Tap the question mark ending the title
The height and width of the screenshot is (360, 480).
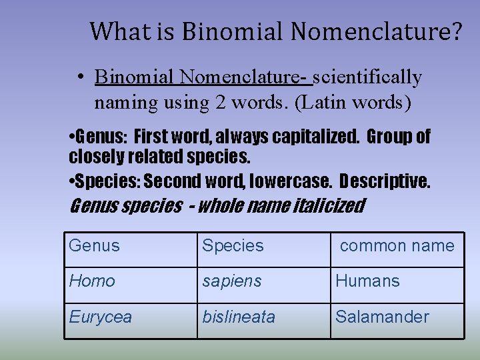click(x=454, y=31)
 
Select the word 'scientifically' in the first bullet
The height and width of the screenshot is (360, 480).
click(x=367, y=78)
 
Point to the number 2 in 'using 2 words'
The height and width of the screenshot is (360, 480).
click(x=221, y=103)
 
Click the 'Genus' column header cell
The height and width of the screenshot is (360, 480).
click(x=94, y=245)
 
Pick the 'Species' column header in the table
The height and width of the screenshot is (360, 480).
click(x=233, y=245)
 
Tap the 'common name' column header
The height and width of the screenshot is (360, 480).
click(x=397, y=245)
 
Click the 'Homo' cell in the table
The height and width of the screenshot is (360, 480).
click(x=92, y=281)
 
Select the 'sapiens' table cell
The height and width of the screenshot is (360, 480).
click(x=231, y=281)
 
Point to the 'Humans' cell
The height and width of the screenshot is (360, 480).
click(x=368, y=281)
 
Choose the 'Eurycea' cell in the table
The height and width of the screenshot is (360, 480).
click(x=101, y=317)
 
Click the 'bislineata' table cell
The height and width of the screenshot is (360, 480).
click(x=239, y=317)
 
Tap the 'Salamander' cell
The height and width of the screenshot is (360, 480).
click(x=382, y=317)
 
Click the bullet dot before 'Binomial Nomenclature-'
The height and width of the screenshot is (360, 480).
click(x=79, y=78)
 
